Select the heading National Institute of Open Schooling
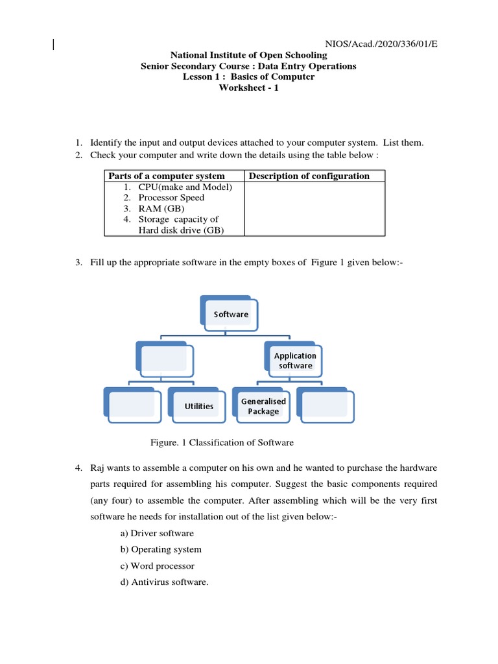click(248, 56)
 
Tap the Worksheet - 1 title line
click(248, 88)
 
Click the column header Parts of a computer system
click(167, 176)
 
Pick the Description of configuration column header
click(309, 176)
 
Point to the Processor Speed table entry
click(171, 197)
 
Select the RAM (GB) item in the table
click(161, 208)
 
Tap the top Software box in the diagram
click(231, 314)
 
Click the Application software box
click(295, 361)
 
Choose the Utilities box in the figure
click(198, 406)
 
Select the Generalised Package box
click(263, 406)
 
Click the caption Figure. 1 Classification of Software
click(222, 443)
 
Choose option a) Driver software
click(161, 533)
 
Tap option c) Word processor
click(162, 565)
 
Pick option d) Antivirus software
click(169, 582)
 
